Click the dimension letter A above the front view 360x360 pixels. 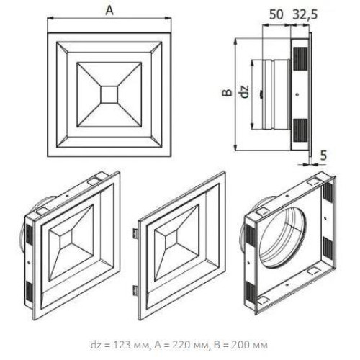[x=109, y=11]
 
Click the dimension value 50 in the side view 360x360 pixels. [x=276, y=14]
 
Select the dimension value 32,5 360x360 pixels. [x=305, y=15]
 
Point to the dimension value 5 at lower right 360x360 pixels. [x=323, y=156]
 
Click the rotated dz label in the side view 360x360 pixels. [x=245, y=92]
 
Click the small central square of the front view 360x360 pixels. [x=109, y=95]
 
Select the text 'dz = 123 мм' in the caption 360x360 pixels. [x=120, y=345]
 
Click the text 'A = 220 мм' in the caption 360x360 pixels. [x=181, y=345]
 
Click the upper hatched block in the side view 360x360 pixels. [x=300, y=59]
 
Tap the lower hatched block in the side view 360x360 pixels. [x=300, y=130]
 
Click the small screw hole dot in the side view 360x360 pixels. [x=297, y=95]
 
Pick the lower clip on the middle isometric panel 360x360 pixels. [x=135, y=291]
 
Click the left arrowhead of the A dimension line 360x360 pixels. [x=50, y=17]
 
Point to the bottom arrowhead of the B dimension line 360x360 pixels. [x=236, y=148]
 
